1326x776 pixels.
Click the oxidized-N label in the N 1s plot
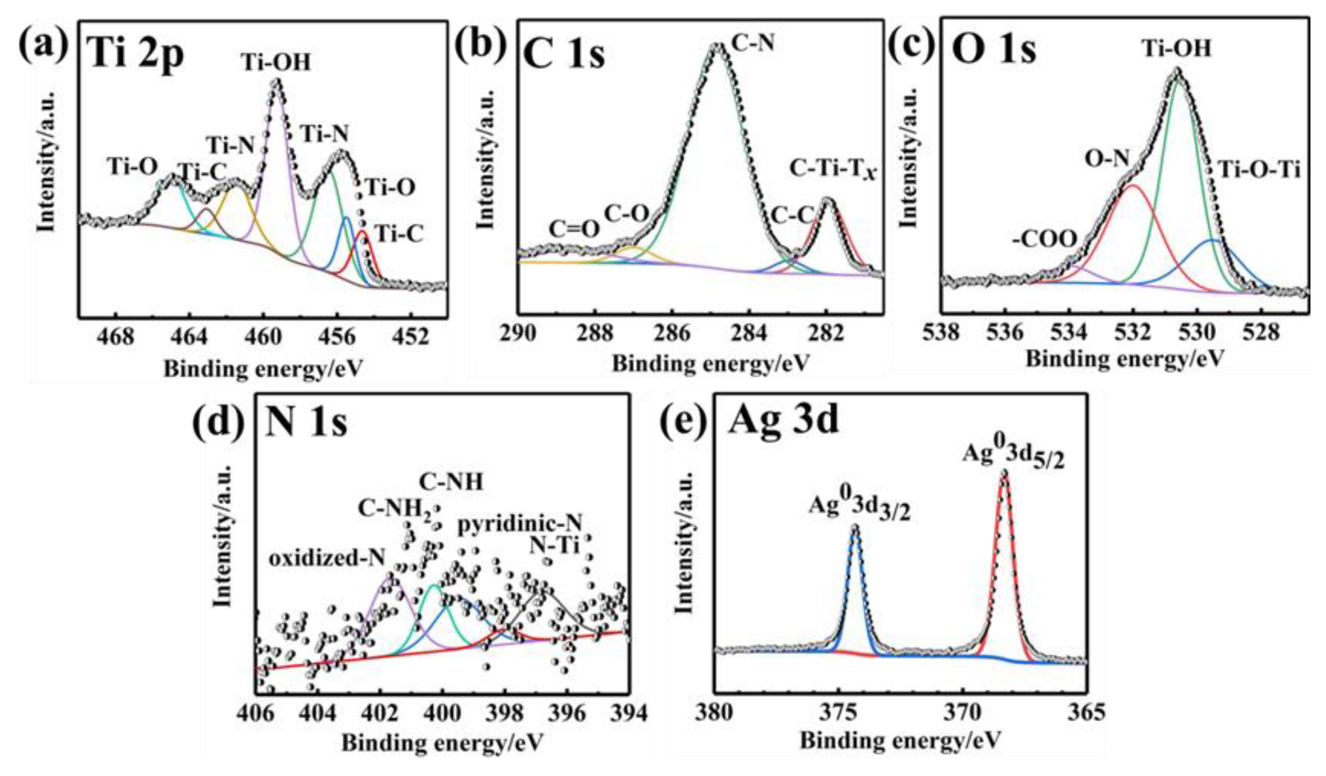pyautogui.click(x=327, y=558)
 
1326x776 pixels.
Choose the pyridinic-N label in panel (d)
pyautogui.click(x=519, y=523)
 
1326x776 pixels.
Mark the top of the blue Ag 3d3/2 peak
pyautogui.click(x=855, y=527)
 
